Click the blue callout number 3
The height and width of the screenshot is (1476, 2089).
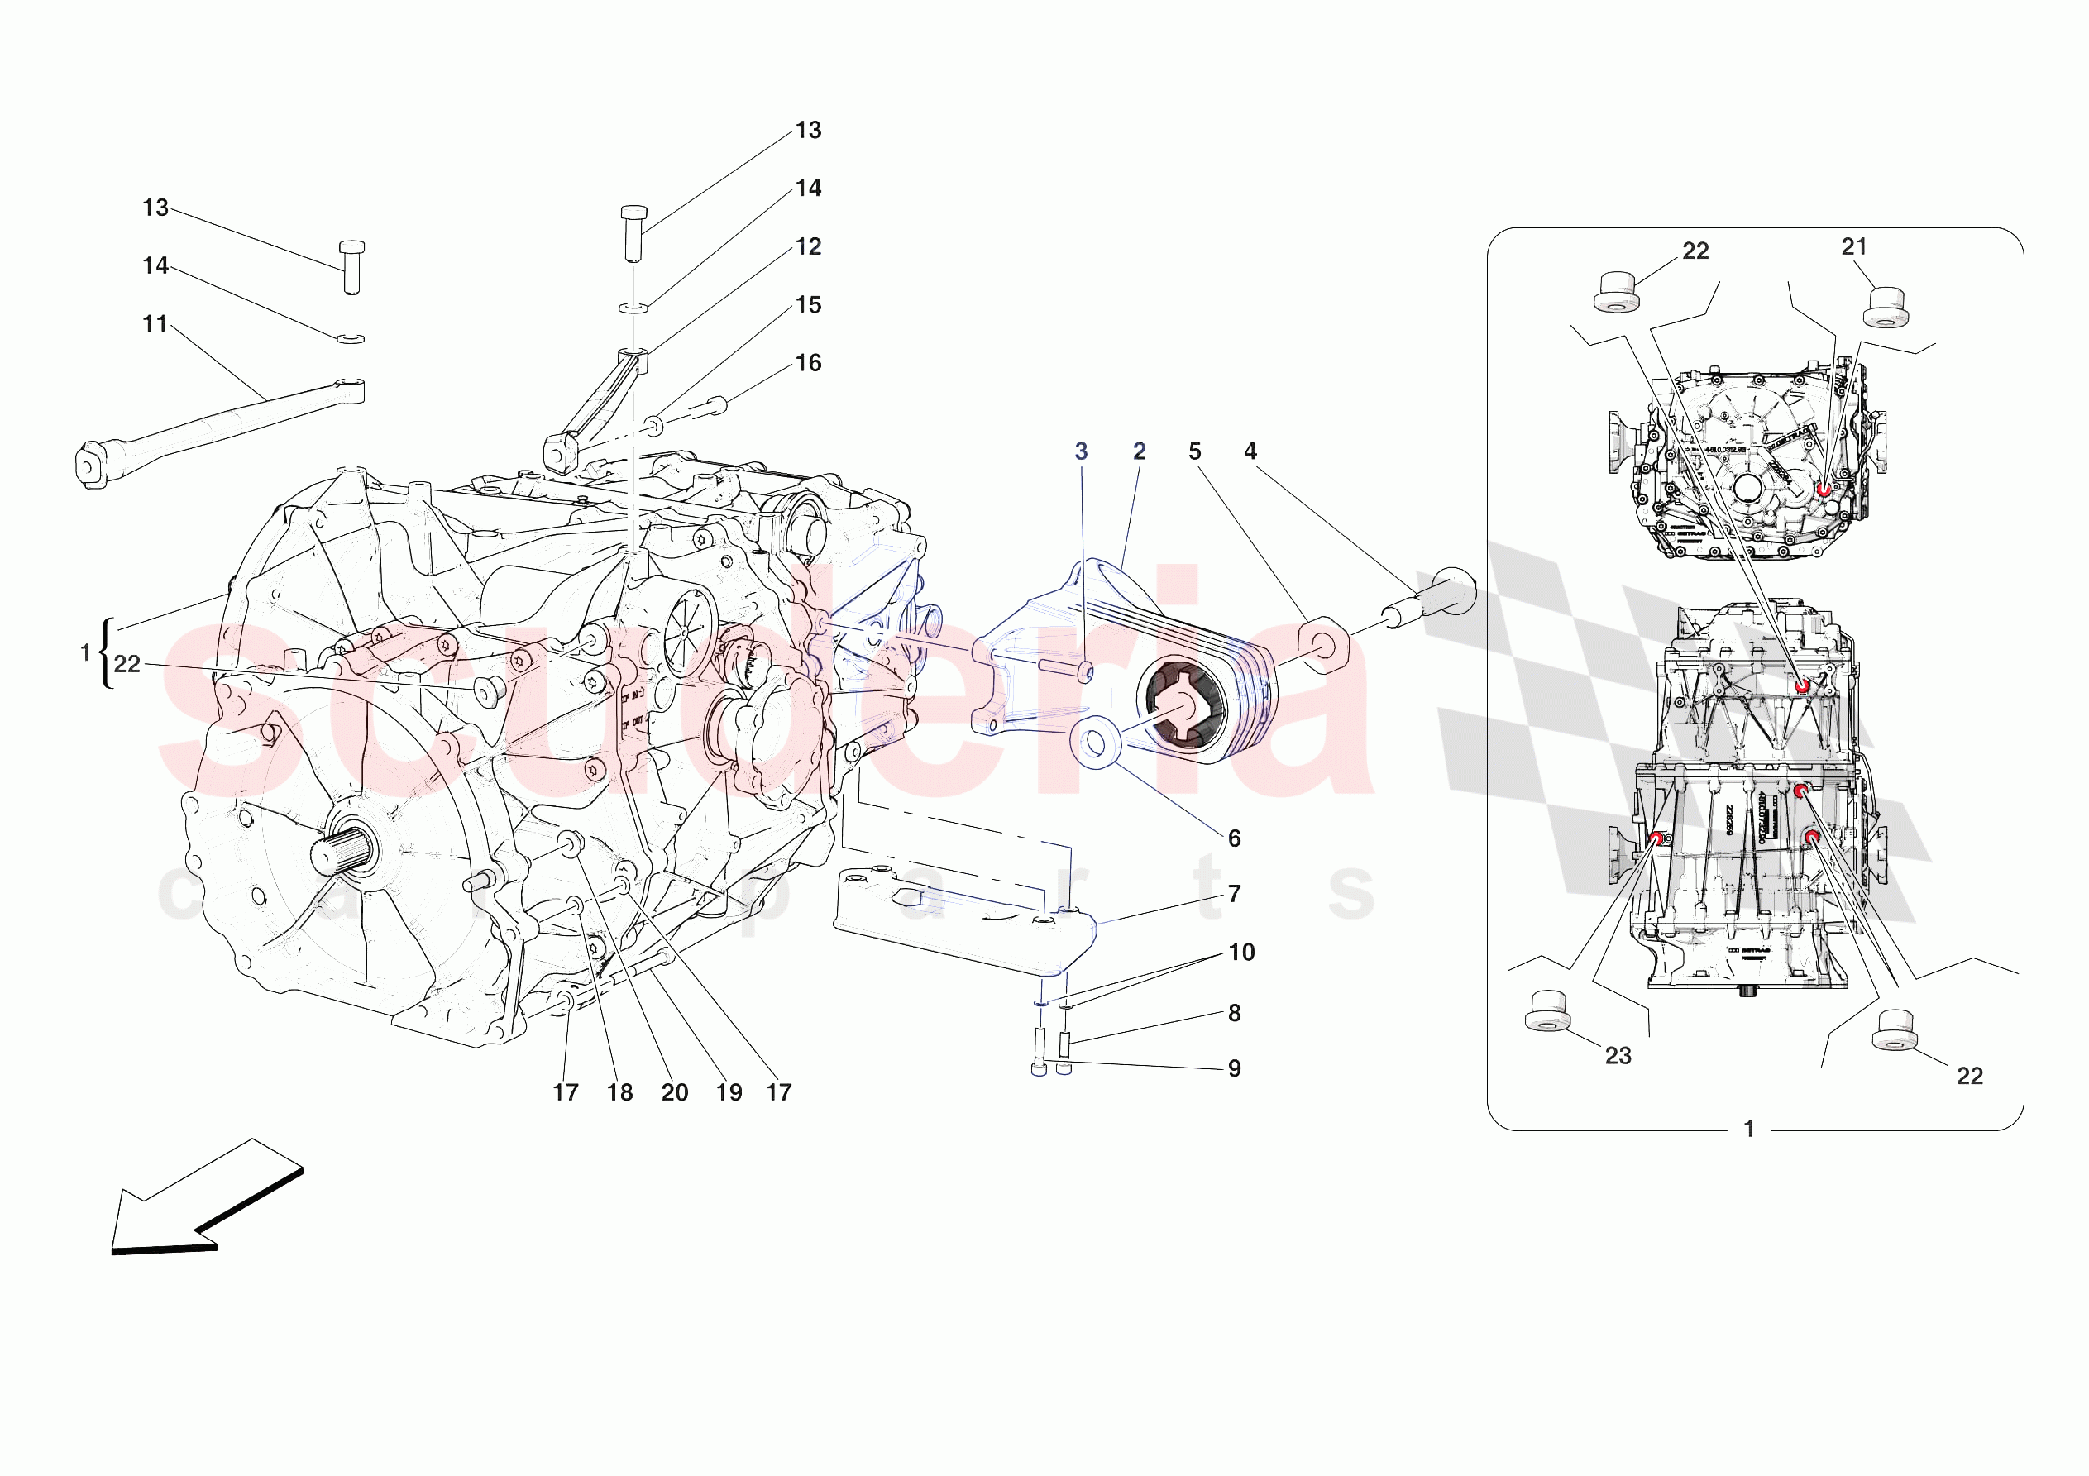pos(1081,451)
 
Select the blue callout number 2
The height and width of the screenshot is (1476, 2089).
pos(1139,451)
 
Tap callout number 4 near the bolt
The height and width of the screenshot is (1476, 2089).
pos(1250,451)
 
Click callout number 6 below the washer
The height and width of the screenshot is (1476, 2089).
pos(1234,839)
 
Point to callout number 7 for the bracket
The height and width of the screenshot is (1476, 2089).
pos(1234,895)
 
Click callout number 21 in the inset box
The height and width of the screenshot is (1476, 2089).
pos(1853,246)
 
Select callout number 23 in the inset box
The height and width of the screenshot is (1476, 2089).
pos(1618,1056)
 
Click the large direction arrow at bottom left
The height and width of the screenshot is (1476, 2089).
pos(205,1199)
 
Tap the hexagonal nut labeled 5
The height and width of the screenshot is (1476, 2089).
pos(1319,644)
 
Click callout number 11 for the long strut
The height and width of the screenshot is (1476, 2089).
pos(155,324)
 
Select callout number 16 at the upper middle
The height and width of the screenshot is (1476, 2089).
pos(808,363)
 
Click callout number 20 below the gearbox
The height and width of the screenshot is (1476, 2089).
pos(674,1092)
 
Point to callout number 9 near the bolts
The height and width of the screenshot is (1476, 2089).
pos(1234,1068)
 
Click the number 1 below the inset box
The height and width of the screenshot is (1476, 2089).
pos(1747,1130)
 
